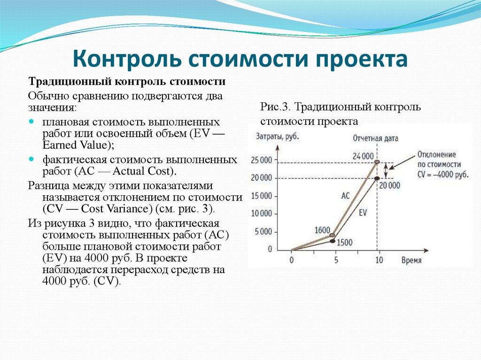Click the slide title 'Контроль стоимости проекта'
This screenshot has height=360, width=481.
(x=240, y=61)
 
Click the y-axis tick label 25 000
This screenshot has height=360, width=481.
(x=262, y=160)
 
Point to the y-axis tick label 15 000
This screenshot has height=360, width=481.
(x=262, y=195)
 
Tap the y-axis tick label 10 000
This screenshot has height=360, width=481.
(x=262, y=214)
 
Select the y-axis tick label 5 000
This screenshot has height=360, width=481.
(x=263, y=231)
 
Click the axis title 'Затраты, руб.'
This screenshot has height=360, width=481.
(x=277, y=137)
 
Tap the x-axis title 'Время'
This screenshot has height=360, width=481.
(x=411, y=260)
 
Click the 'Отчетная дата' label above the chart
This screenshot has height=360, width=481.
(x=375, y=138)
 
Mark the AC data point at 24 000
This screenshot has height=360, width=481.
(x=377, y=162)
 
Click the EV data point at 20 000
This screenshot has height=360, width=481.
(x=377, y=178)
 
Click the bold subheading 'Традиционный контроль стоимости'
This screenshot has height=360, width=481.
(x=127, y=82)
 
